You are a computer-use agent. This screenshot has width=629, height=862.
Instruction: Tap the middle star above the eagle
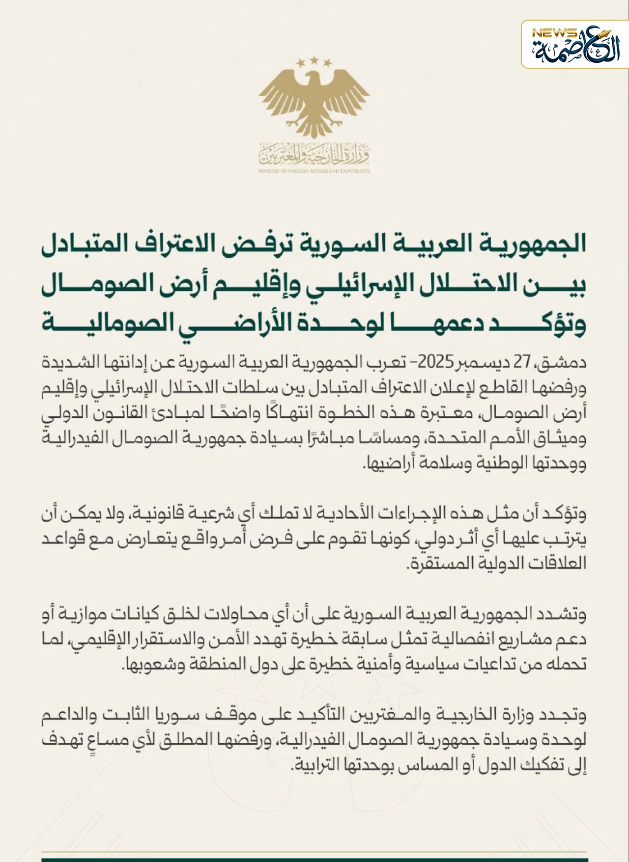[x=314, y=61]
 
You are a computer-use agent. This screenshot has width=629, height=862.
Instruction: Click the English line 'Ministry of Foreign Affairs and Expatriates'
[x=314, y=171]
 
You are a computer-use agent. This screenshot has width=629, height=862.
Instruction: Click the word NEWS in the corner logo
[x=554, y=33]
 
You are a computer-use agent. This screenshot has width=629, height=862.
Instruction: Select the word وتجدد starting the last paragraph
[x=565, y=716]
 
